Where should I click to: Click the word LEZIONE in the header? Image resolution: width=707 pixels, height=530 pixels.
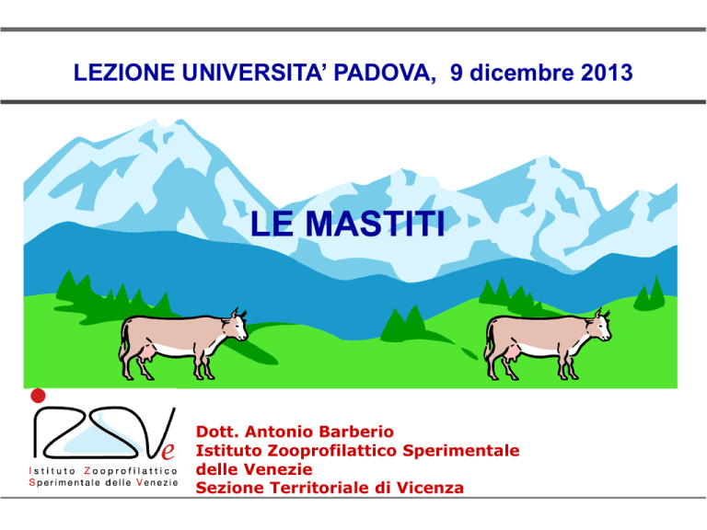[x=124, y=73]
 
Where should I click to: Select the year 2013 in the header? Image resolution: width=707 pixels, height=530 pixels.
[x=607, y=73]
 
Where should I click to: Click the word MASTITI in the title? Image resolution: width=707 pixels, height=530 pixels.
[x=376, y=224]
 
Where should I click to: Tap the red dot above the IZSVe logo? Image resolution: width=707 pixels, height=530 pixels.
[x=38, y=396]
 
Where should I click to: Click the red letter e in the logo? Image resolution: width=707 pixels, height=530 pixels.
[x=168, y=451]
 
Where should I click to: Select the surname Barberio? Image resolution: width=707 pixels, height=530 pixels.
[x=356, y=432]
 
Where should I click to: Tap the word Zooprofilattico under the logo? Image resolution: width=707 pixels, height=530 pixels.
[x=131, y=471]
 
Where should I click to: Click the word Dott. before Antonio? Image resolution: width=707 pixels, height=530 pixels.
[x=218, y=432]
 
